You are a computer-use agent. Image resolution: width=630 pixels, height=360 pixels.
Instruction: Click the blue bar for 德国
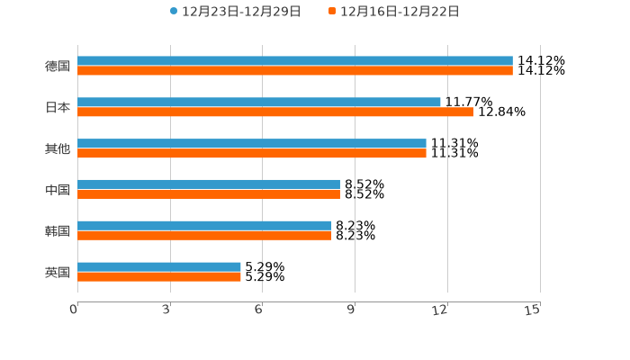[x=295, y=61]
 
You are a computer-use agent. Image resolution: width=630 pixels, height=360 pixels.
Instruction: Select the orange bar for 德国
[x=295, y=71]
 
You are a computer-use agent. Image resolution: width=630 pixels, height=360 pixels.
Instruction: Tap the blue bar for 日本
[x=259, y=103]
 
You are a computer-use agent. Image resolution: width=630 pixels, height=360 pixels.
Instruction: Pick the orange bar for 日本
[x=275, y=112]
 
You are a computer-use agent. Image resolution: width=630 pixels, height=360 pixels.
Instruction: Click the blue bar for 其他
[x=252, y=144]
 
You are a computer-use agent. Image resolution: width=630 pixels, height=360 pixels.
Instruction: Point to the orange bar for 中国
[x=209, y=194]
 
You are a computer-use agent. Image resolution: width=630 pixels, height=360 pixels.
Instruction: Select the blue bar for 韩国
[x=204, y=226]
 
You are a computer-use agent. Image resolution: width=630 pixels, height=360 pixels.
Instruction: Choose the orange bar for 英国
[x=159, y=277]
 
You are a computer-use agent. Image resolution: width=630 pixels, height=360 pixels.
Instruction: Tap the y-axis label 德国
[x=58, y=66]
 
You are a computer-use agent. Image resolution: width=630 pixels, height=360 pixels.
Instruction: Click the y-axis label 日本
[x=58, y=107]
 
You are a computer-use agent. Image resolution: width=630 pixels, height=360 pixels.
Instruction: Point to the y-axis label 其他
[x=58, y=148]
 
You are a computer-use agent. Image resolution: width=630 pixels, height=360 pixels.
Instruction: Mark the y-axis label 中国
[x=58, y=190]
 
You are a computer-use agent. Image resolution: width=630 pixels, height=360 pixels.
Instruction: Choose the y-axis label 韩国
[x=58, y=230]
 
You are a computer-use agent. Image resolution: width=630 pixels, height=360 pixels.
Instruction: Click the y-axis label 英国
[x=58, y=272]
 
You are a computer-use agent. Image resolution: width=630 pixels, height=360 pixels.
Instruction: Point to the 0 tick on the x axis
[x=75, y=310]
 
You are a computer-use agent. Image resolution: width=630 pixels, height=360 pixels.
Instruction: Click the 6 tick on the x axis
[x=259, y=310]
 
